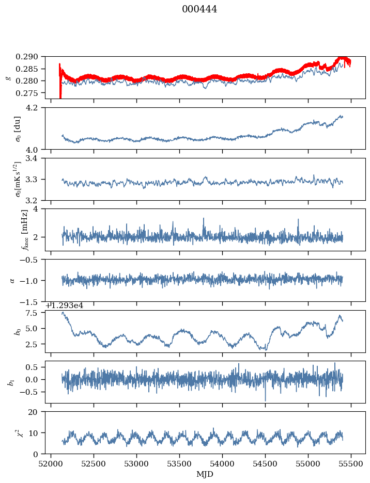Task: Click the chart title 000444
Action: click(x=199, y=9)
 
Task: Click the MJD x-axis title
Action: click(x=205, y=474)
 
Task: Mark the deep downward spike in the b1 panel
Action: click(x=266, y=399)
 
